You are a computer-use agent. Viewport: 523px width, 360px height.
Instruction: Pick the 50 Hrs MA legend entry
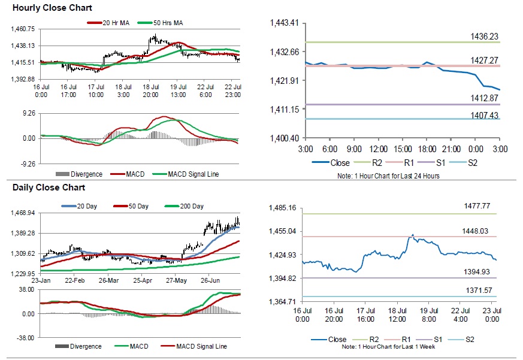coord(168,23)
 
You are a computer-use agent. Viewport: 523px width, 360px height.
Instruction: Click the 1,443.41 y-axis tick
coord(285,23)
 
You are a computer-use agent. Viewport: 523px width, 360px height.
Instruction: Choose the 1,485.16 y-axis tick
coord(284,208)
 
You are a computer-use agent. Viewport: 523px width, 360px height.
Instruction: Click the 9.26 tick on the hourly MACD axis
coord(26,113)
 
